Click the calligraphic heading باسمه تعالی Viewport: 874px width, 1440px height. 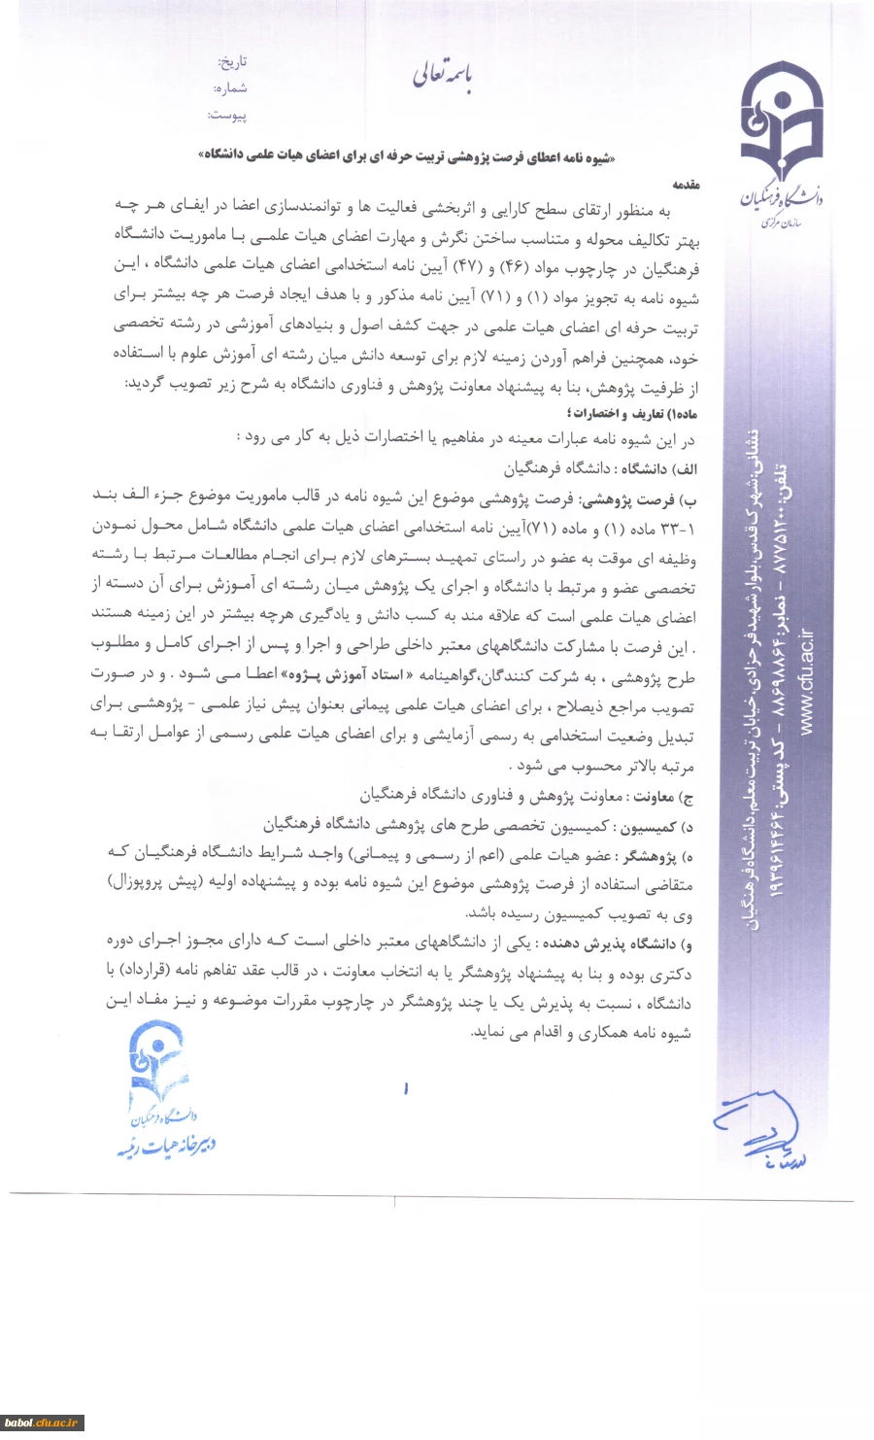442,75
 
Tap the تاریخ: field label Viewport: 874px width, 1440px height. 233,62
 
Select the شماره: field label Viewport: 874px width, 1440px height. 231,88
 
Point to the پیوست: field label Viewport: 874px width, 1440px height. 227,116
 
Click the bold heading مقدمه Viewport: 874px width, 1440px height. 685,184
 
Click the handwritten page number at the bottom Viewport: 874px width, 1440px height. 406,1089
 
